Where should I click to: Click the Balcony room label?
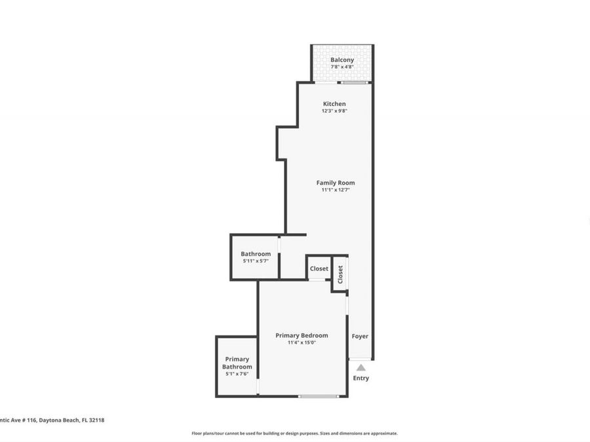(x=342, y=60)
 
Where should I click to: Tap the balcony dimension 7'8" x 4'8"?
(x=342, y=67)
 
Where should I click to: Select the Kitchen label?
(x=334, y=104)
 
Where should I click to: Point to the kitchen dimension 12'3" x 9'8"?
(x=334, y=111)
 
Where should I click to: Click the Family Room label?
(x=336, y=183)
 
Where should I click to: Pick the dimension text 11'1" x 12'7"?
(x=336, y=190)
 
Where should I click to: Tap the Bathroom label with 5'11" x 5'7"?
(x=255, y=254)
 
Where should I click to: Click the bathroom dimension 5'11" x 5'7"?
(x=255, y=261)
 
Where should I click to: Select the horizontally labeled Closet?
(x=319, y=268)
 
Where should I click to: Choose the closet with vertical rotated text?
(x=340, y=274)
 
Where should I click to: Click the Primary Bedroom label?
(x=302, y=335)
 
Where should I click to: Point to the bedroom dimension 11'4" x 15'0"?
(x=302, y=342)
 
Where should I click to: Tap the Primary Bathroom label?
(x=237, y=363)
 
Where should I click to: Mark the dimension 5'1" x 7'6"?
(x=237, y=375)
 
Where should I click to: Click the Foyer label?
(x=360, y=336)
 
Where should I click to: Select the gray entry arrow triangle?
(x=361, y=368)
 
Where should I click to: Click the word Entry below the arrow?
(x=361, y=378)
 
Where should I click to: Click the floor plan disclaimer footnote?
(x=294, y=433)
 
